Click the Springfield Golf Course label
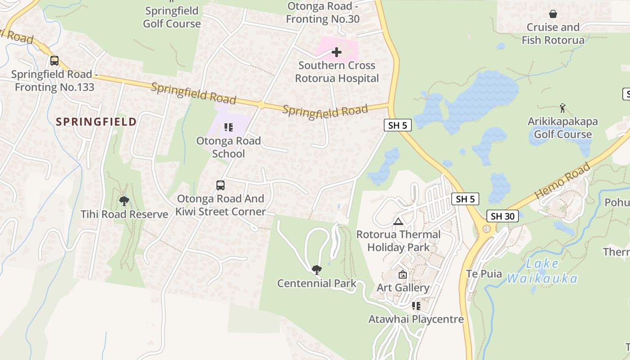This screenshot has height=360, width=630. click(x=172, y=17)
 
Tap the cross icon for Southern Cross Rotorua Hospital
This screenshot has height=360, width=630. click(x=336, y=52)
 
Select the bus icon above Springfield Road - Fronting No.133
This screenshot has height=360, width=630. click(x=54, y=60)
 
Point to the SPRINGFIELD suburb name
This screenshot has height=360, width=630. click(x=96, y=121)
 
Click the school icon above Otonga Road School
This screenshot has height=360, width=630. click(x=229, y=127)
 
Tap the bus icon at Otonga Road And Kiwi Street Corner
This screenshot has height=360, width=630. click(x=220, y=185)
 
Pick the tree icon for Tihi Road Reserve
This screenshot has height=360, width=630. click(x=124, y=201)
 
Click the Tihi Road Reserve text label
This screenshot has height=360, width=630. click(x=124, y=214)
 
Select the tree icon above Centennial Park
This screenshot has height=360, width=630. click(x=317, y=270)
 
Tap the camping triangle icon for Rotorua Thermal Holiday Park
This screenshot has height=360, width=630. click(x=398, y=221)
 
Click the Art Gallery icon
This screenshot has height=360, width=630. click(x=403, y=274)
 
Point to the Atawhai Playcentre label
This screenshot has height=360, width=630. click(x=416, y=319)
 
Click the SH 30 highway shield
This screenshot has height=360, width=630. click(x=502, y=216)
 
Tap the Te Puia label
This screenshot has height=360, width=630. click(x=484, y=274)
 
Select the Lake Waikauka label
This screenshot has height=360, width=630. click(x=542, y=271)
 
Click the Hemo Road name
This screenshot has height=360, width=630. click(x=562, y=181)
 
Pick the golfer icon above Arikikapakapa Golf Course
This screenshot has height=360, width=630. click(x=562, y=108)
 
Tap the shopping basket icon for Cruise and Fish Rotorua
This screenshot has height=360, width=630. click(x=553, y=14)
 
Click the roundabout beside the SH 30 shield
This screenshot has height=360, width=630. click(x=486, y=229)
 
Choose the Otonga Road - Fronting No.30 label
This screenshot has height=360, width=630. click(x=323, y=13)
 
